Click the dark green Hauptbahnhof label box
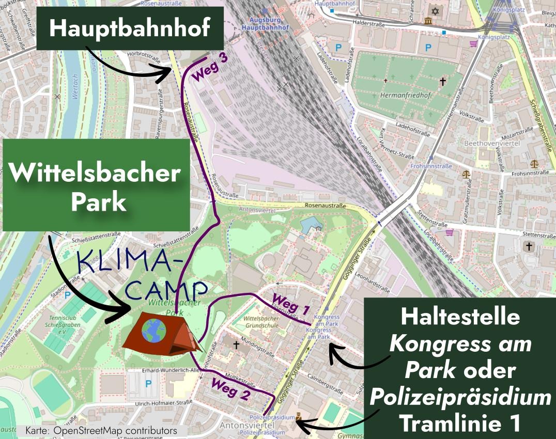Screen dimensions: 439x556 coord(130,28)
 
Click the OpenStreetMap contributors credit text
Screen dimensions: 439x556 coord(101,430)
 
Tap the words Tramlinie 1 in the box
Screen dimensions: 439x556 coord(460,424)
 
